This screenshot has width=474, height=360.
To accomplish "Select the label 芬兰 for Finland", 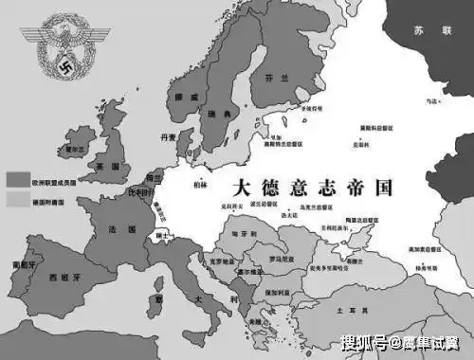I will tap(278, 80).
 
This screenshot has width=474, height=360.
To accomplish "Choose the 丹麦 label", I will tap(169, 137).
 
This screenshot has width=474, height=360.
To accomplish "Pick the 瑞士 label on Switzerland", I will tap(162, 235).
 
